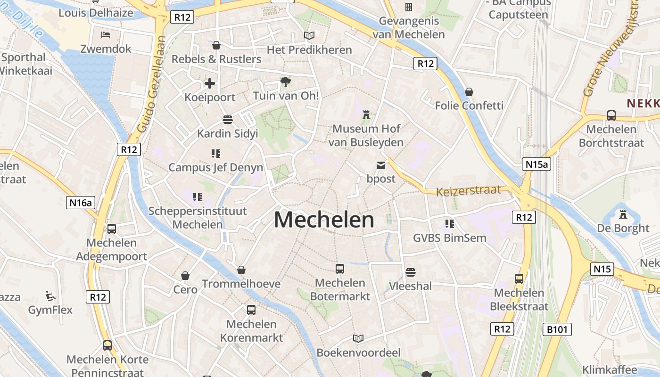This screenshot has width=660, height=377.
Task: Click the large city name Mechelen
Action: [x=324, y=220]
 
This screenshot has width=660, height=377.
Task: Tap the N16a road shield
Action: [x=81, y=203]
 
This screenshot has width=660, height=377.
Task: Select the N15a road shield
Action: [x=536, y=164]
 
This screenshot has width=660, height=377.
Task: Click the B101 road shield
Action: [x=558, y=329]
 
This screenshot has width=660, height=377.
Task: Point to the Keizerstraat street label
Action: [x=468, y=191]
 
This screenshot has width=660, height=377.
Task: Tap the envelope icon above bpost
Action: [x=380, y=165]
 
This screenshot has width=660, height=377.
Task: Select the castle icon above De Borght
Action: [x=623, y=214]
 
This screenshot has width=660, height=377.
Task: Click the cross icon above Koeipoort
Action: [x=210, y=84]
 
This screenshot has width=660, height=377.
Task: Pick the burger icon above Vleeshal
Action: [x=410, y=272]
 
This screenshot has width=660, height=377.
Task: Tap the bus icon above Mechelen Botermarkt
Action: [x=340, y=269]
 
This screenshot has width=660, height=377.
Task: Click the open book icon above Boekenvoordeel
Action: [x=358, y=338]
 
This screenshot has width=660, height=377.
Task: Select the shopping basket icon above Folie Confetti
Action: [x=469, y=91]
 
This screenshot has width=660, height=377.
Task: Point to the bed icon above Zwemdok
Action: [x=106, y=35]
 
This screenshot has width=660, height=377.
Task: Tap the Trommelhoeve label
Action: [x=241, y=284]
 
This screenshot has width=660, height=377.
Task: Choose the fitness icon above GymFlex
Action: [x=50, y=296]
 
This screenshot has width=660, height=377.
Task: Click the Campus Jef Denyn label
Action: [x=216, y=167]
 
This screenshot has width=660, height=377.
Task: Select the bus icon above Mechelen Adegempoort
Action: [x=112, y=229]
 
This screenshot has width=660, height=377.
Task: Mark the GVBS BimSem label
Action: [x=449, y=238]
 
